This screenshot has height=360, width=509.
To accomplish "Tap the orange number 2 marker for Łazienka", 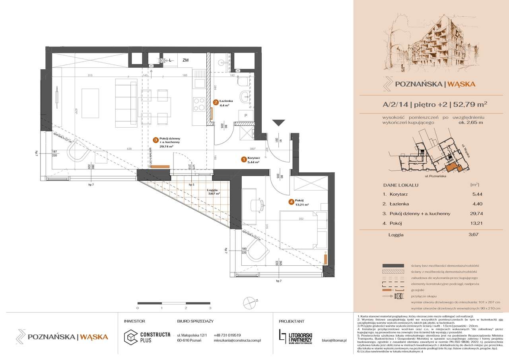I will [215, 102].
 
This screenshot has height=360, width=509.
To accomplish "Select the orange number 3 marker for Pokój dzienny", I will [155, 140].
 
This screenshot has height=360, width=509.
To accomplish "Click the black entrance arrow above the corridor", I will [280, 123].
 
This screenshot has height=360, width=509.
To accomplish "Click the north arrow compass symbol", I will [249, 301].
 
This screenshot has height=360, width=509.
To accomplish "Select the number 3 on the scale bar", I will [210, 308].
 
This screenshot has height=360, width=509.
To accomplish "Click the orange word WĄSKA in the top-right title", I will [462, 84].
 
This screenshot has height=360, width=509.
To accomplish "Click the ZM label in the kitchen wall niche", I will [185, 61].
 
